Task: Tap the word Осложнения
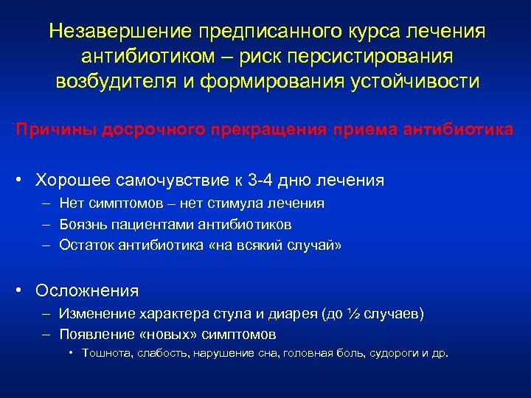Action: pos(87,290)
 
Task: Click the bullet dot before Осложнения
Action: pos(24,290)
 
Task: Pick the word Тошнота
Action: pos(103,353)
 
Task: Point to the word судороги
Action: pos(395,353)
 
